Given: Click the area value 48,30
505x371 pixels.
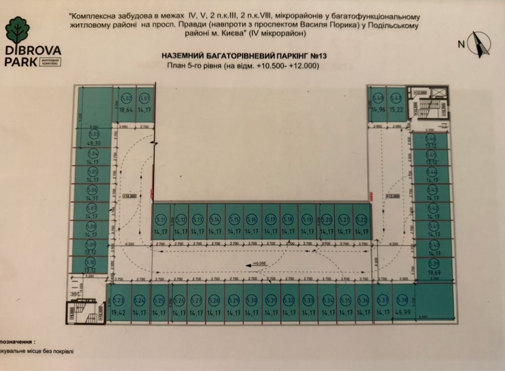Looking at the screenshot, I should tap(93, 143).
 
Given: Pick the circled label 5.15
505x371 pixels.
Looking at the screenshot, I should tap(234, 220).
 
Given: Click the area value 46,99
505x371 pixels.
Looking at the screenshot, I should tap(402, 312).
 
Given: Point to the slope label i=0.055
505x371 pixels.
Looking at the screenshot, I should tap(259, 264).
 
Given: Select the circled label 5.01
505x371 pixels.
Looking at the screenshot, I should tap(145, 98).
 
